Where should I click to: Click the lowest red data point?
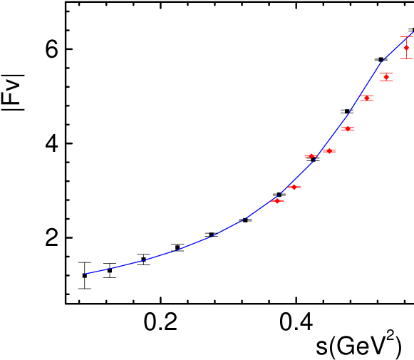277,201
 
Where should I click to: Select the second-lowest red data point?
294,187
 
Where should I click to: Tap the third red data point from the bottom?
311,155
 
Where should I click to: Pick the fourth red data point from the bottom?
329,151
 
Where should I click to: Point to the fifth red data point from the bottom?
348,129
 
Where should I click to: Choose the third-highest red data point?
366,98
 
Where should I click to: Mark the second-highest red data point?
386,76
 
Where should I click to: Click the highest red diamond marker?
406,48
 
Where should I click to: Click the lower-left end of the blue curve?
85,274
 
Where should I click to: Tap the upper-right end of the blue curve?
413,31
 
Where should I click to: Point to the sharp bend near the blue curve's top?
383,59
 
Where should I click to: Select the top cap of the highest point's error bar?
406,37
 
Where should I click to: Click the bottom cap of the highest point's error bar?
406,58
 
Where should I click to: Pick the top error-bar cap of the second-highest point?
386,73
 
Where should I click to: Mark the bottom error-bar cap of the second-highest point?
386,81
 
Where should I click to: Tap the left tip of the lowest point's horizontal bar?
271,201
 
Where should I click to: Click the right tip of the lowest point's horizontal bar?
284,201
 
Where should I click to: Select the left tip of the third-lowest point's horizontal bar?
305,155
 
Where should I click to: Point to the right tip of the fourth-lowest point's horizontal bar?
336,151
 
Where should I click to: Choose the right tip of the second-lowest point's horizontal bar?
301,187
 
